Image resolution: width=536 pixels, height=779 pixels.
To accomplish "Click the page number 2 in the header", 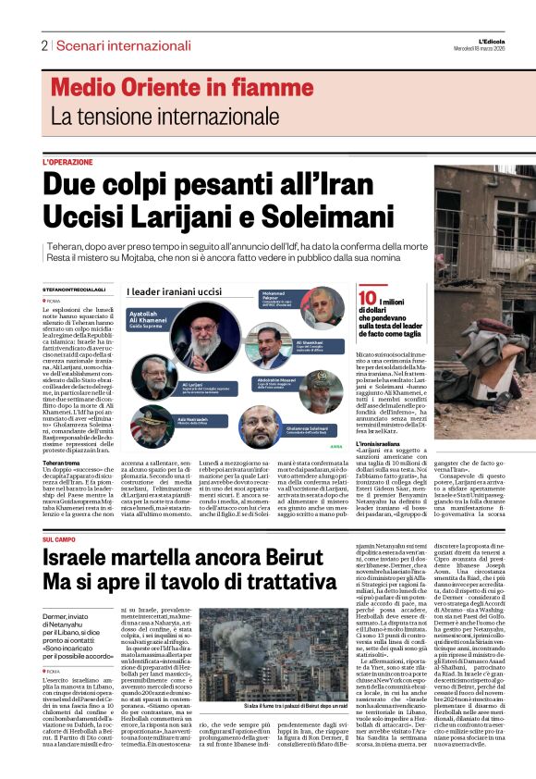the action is [x=43, y=45].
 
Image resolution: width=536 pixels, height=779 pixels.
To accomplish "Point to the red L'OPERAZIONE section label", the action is [x=67, y=162].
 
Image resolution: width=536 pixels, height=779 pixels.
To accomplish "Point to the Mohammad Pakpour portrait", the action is [x=321, y=306].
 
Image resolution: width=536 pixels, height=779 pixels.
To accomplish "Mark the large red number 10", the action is [x=367, y=297].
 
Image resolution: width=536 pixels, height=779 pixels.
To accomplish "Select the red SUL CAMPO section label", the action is [x=61, y=513].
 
